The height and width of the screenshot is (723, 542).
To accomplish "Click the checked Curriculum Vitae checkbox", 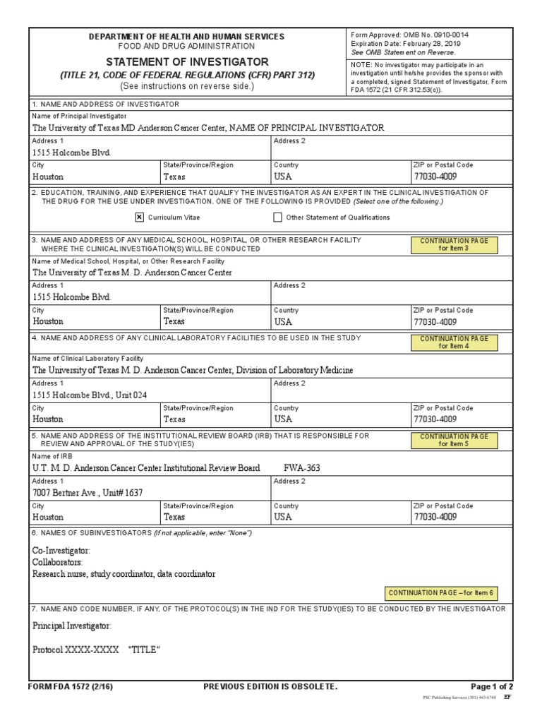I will tap(139, 217).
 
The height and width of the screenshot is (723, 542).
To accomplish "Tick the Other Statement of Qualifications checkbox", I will tap(277, 217).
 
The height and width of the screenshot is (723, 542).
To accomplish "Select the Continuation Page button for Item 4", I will tap(454, 342).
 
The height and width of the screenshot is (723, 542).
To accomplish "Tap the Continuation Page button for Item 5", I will tap(454, 440).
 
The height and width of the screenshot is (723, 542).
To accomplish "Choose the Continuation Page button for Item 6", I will tap(440, 593).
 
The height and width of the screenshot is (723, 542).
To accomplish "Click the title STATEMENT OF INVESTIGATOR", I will tap(187, 62).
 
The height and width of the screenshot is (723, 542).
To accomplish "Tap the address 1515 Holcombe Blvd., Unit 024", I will tap(90, 395).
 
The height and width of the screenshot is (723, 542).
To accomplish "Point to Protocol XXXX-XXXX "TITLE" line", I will tap(96, 650).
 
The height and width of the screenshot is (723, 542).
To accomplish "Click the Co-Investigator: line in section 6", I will tap(61, 550).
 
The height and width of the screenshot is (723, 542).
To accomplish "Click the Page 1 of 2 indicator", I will tap(492, 686).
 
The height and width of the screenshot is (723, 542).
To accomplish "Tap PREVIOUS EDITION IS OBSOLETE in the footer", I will tap(270, 686).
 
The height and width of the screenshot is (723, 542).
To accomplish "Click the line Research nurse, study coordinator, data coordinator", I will tap(124, 574).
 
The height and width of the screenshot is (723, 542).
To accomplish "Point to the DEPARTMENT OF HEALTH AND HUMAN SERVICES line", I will tap(186, 36).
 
